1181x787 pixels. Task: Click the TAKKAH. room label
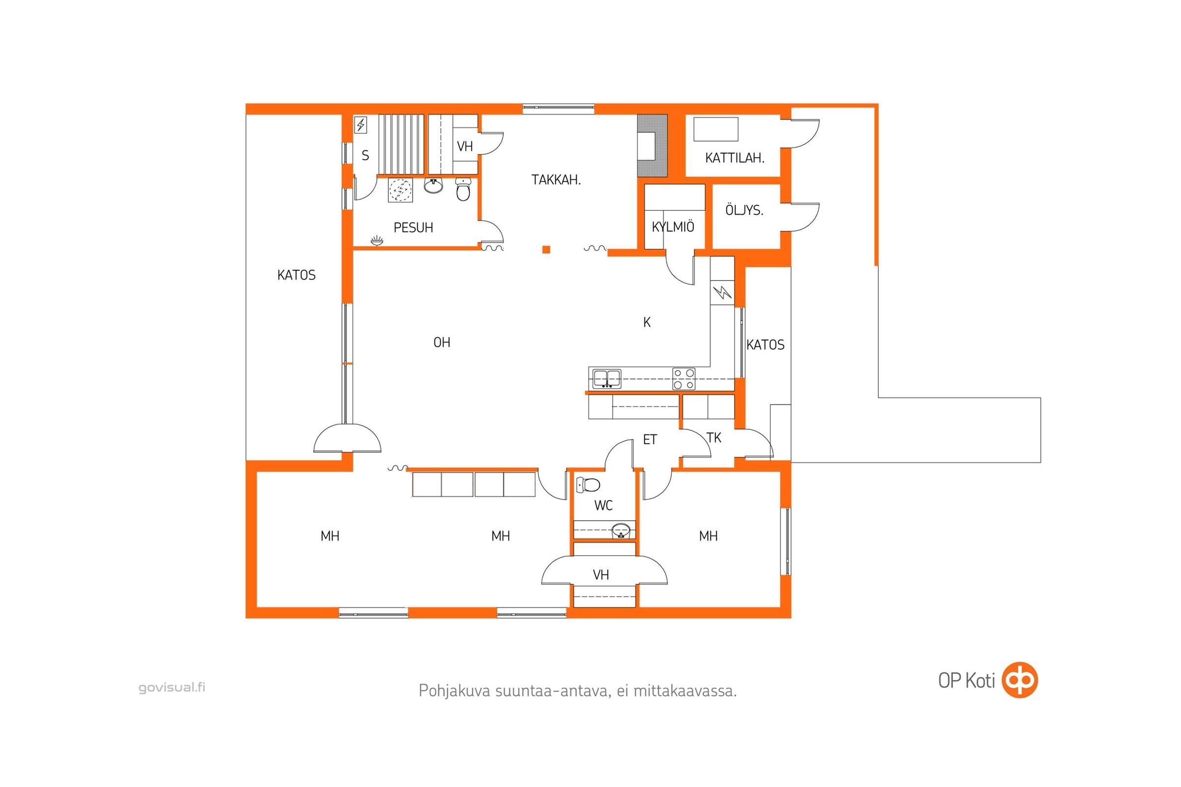click(556, 180)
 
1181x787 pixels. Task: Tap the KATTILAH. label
click(735, 158)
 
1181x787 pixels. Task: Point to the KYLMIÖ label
click(673, 226)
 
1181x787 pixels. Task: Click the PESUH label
click(413, 227)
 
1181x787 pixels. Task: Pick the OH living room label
click(442, 342)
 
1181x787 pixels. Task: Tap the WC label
click(604, 506)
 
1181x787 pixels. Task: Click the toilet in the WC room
click(588, 485)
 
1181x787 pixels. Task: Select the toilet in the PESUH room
click(463, 189)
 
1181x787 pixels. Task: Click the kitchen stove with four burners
click(684, 379)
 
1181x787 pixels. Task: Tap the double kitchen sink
click(607, 379)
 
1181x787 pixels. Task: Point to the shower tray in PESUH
click(400, 190)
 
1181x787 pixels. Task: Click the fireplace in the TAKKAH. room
click(653, 146)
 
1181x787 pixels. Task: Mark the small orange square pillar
click(546, 249)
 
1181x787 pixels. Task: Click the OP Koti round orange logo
click(1019, 680)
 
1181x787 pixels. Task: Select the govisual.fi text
click(172, 688)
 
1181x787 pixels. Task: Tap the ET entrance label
click(650, 440)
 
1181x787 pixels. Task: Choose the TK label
click(714, 438)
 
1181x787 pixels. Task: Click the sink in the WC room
click(621, 531)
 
